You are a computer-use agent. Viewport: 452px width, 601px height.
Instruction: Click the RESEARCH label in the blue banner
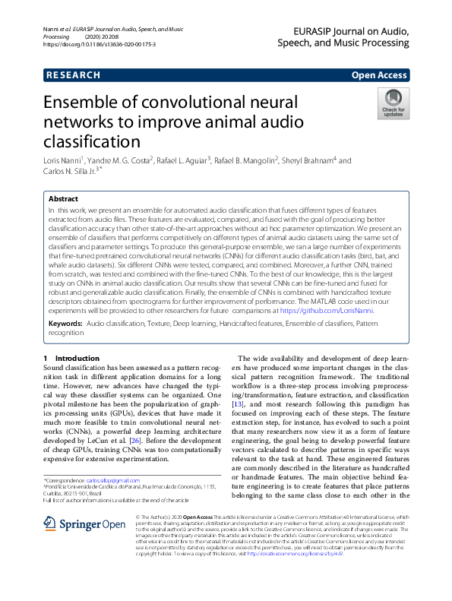[x=73, y=75]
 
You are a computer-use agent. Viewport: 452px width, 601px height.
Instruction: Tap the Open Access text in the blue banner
[x=379, y=75]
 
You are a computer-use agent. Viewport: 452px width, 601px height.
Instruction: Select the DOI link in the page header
[x=99, y=45]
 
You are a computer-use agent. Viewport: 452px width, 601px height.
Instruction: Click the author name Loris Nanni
[x=65, y=161]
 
